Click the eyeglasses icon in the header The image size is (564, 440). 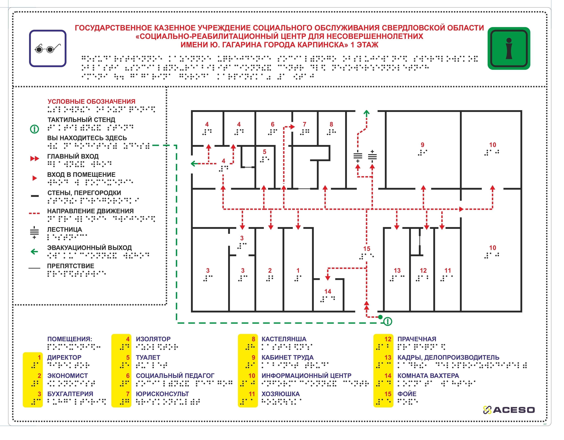pos(48,48)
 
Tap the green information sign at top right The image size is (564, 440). pos(509,48)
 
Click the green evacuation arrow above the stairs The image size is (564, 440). pos(366,113)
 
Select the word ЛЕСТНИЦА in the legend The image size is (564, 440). pos(64,229)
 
